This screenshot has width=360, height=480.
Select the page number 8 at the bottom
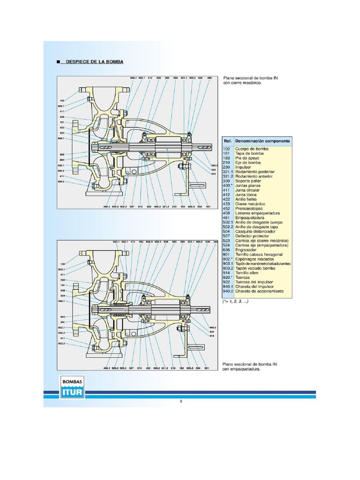pos(180,401)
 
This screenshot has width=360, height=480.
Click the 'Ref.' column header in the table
pos(228,141)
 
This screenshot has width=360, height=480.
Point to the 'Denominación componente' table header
pos(262,141)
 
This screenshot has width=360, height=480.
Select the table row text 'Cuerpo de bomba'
pos(252,149)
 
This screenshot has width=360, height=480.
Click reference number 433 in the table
pos(227,204)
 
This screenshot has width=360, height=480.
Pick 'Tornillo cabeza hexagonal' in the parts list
pos(259,255)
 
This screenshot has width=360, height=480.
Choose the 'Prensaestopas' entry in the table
pos(249,209)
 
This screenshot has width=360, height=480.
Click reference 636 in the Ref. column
pos(227,250)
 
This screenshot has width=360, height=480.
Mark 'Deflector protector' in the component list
pos(254,236)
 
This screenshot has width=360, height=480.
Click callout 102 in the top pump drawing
pos(62,100)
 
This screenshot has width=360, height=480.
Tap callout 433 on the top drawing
pos(62,127)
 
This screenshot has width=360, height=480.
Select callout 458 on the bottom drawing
pos(62,291)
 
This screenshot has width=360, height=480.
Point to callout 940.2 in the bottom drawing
pos(214,327)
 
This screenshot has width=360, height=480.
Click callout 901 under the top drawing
pos(208,206)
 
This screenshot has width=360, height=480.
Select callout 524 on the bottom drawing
pos(62,296)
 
